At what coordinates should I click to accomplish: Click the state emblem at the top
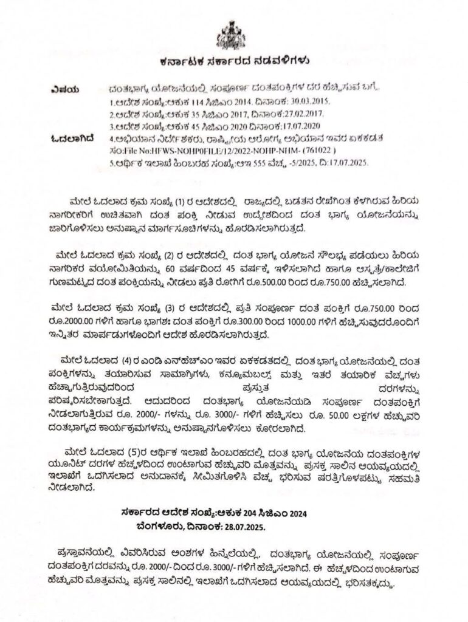pyautogui.click(x=233, y=32)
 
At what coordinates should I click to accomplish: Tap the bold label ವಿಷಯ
pyautogui.click(x=65, y=88)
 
